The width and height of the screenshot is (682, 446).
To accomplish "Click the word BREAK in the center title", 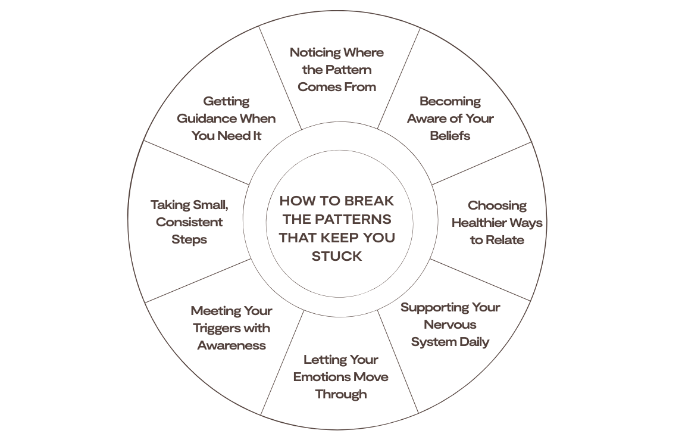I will tap(369, 201).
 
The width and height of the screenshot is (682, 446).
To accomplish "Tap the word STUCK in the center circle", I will tap(337, 257).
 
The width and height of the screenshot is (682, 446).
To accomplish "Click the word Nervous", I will tap(450, 325).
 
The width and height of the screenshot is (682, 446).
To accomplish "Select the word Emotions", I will tap(321, 377).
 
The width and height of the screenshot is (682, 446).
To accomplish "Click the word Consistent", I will tap(189, 222).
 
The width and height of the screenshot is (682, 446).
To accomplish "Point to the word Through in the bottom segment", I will tap(340, 394).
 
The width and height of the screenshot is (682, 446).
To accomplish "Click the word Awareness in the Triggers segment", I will tap(231, 345).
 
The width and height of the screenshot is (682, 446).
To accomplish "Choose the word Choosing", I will tap(497, 206).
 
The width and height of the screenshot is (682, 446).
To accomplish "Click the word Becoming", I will tap(450, 101).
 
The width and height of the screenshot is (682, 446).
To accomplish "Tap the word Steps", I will tap(189, 239).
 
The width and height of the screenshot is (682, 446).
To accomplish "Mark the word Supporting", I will tap(433, 308).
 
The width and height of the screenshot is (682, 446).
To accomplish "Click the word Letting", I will tap(324, 360).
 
